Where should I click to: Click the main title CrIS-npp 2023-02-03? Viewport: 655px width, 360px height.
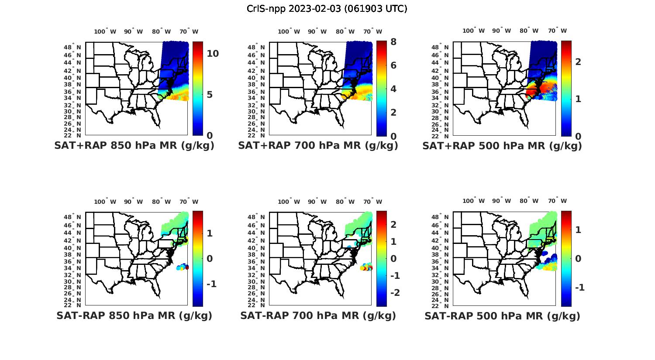tap(327, 9)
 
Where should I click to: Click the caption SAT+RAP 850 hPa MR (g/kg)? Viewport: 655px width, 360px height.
tap(134, 146)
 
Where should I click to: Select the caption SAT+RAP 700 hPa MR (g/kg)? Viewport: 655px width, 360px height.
tap(318, 146)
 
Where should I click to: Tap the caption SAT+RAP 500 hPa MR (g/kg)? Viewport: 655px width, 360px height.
tap(502, 146)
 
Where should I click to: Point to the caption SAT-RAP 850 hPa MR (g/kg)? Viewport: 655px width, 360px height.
tap(134, 315)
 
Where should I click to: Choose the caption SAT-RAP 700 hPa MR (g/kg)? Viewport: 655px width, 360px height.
tap(318, 315)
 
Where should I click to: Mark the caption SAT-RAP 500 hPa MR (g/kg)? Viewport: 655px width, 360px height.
tap(502, 315)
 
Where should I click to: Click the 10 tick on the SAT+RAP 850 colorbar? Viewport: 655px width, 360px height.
tap(213, 54)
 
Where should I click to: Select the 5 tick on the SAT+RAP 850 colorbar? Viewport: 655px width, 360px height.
tap(210, 95)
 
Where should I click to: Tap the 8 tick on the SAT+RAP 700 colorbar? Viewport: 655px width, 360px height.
tap(393, 42)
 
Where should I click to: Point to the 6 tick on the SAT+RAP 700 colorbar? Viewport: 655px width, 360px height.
tap(393, 65)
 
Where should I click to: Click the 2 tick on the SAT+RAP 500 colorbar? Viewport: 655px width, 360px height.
tap(578, 62)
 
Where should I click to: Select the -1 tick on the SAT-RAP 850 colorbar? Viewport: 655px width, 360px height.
tap(211, 284)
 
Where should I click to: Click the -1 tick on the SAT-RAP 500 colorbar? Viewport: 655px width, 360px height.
tap(579, 287)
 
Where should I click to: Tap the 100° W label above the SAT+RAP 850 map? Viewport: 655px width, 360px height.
tap(105, 31)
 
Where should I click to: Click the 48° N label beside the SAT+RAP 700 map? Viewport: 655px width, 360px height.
tap(257, 47)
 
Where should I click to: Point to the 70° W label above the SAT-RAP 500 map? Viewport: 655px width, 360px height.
tap(557, 201)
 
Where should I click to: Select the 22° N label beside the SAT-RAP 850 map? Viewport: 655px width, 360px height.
tap(73, 305)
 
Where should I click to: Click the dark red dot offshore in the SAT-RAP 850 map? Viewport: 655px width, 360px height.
tap(187, 267)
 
